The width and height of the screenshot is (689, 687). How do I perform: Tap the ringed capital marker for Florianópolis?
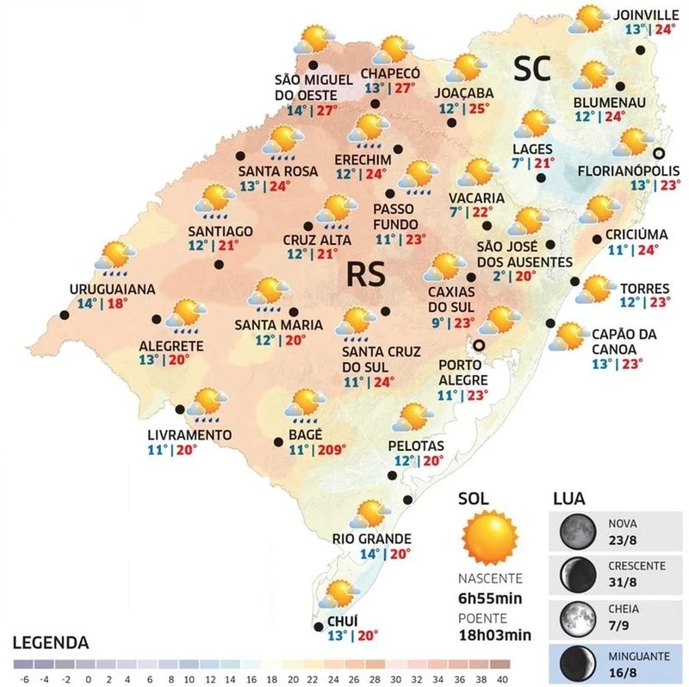659,153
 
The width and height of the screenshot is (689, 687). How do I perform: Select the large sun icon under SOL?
489,536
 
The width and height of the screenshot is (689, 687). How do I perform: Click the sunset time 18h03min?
493,634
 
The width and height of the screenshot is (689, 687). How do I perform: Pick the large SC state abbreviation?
532,69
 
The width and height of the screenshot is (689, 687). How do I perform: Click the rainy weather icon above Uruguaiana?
115,257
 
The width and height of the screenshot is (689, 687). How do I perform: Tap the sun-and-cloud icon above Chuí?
342,594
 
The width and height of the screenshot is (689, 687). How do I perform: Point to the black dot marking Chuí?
320,626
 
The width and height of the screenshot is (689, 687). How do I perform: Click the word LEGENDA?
51,643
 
